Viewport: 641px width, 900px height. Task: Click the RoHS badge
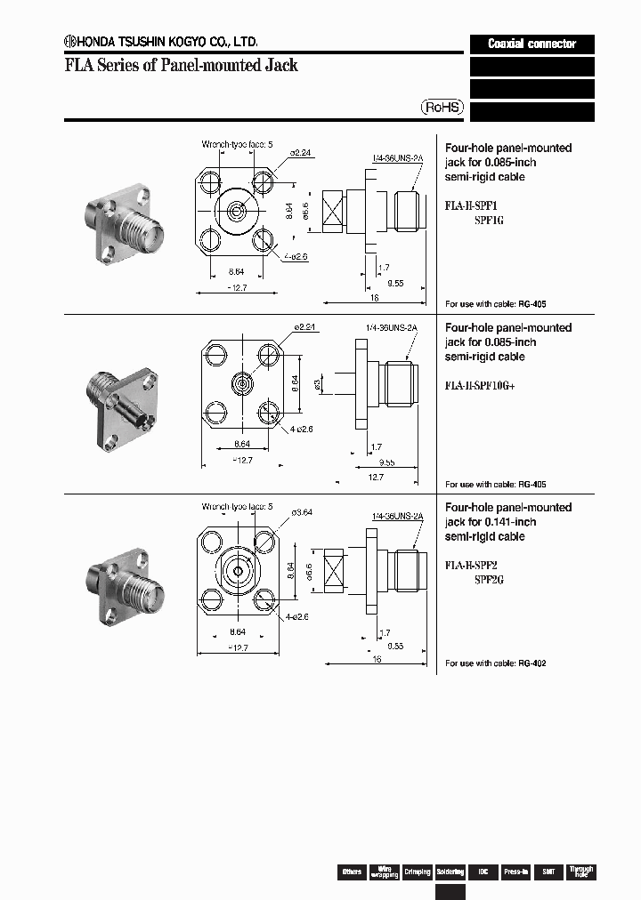click(442, 107)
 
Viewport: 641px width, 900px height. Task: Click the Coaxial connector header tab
click(531, 44)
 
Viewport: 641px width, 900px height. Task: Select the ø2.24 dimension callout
click(302, 152)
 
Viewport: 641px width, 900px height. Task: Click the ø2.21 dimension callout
click(304, 327)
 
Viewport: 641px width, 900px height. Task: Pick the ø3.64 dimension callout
click(303, 511)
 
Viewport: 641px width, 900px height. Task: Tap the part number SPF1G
click(489, 220)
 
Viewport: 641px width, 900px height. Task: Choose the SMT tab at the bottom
click(548, 872)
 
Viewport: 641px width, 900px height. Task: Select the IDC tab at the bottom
click(483, 872)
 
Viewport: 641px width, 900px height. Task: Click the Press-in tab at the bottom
click(515, 872)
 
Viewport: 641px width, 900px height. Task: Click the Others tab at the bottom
click(352, 872)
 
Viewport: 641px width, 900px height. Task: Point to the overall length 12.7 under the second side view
click(376, 477)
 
